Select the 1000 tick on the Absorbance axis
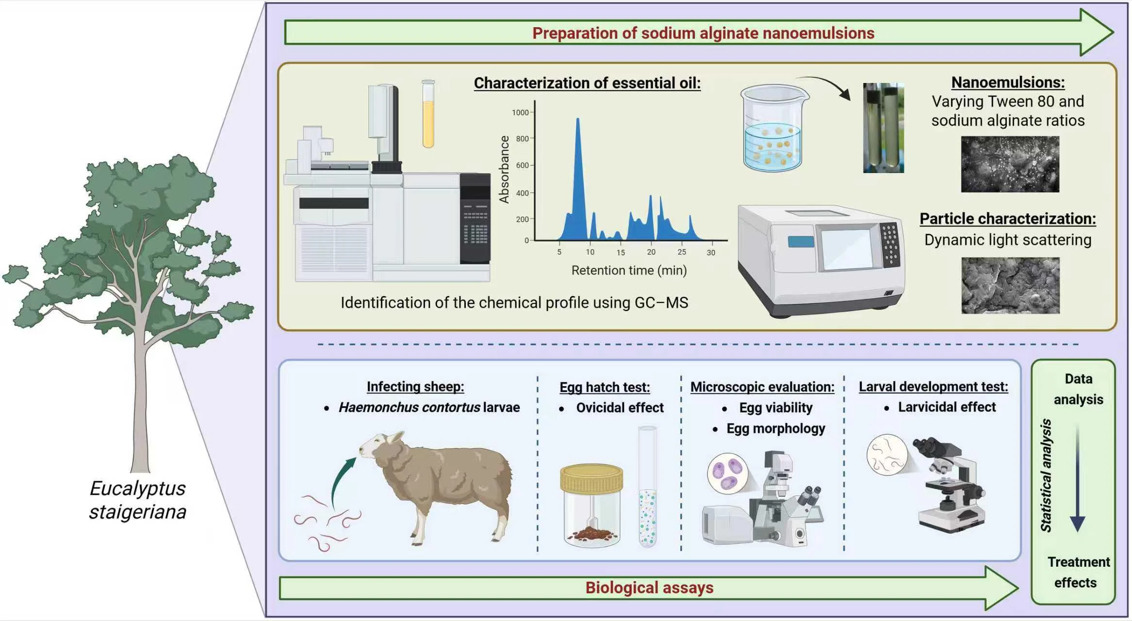520,113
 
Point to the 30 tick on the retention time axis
711,252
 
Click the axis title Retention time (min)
629,270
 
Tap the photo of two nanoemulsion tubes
883,128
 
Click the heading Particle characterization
1008,219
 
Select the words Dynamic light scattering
1008,240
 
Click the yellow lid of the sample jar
591,478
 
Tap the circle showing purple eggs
727,473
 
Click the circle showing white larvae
887,455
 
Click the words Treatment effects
1077,572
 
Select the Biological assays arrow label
649,588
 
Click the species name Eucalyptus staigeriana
138,500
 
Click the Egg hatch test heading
605,387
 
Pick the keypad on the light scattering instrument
890,245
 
